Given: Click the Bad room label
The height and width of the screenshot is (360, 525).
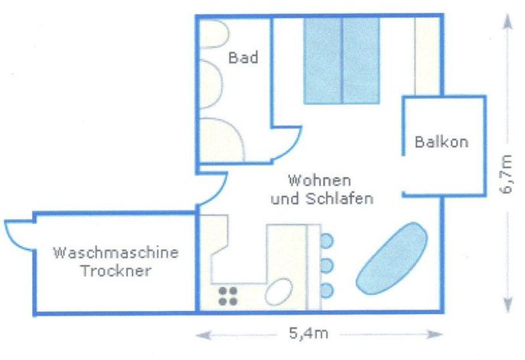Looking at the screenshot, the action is pos(243,57).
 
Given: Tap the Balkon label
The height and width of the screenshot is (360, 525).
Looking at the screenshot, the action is pos(442,142).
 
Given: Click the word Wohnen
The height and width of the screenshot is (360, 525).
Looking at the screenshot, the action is pos(319,181).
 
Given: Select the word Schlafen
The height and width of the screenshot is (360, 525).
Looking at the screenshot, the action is pos(340,198).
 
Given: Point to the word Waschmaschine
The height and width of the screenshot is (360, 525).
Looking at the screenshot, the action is pos(116,253).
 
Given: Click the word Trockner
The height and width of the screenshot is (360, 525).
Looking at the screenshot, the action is pos(116,270).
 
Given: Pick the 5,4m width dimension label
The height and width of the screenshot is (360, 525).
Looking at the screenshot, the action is pos(308,333).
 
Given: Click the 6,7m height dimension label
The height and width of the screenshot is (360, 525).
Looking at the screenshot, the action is pos(506,174).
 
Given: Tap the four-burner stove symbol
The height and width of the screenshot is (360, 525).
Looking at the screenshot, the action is pos(228,296).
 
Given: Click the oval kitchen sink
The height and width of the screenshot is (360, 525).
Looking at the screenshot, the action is pos(279,292).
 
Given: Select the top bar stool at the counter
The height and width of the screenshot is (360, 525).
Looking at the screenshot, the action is pos(327,241).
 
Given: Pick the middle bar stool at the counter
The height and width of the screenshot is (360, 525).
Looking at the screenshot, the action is pos(327,266).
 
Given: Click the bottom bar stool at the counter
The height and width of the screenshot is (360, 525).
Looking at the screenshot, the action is pos(327,290).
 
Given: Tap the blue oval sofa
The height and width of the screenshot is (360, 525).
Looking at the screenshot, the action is pos(392,258).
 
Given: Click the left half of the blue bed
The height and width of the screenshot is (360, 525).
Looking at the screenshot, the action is pos(323,61).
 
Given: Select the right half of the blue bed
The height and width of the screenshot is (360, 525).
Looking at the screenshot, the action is pos(361,61).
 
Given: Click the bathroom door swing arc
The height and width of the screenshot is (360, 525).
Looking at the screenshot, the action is pos(292,148).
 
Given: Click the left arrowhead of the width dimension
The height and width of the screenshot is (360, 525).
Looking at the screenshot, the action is pos(203,335).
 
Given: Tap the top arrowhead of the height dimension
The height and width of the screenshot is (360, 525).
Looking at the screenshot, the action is pos(508,21).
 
